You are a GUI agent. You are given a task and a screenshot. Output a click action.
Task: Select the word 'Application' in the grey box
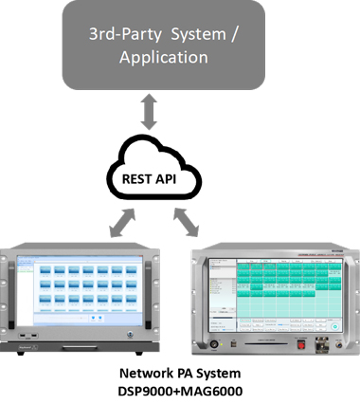click(x=164, y=57)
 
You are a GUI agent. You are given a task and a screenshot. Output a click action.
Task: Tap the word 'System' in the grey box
click(x=200, y=34)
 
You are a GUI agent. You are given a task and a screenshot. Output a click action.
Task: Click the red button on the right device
click(x=301, y=344)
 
